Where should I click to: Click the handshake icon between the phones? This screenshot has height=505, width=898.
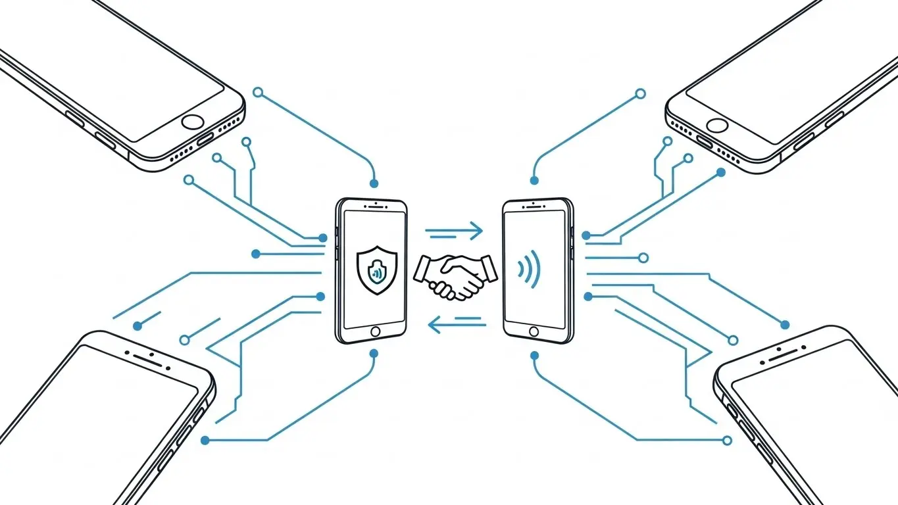455,275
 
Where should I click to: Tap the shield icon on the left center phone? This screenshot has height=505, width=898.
373,269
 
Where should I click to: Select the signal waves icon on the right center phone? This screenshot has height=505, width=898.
530,270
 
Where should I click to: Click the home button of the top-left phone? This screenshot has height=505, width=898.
193,122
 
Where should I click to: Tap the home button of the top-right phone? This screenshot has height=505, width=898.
717,125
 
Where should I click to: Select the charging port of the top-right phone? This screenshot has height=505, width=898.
705,142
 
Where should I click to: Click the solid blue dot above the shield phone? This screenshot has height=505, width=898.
374,183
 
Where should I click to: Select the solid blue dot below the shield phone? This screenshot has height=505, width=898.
374,354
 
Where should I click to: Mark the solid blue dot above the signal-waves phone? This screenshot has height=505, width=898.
534,180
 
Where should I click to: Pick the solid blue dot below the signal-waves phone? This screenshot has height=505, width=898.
534,355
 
